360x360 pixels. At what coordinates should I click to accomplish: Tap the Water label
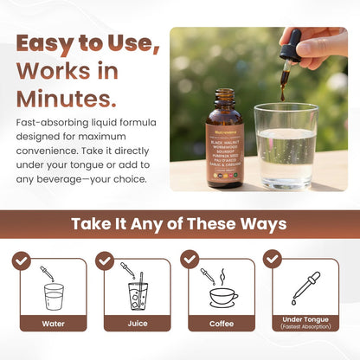(x=53, y=325)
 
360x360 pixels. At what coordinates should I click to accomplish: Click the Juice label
(x=137, y=325)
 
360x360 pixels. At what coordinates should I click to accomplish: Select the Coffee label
(x=222, y=325)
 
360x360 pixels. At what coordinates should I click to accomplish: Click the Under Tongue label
(x=305, y=320)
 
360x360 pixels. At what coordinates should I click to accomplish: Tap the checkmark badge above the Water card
(x=22, y=260)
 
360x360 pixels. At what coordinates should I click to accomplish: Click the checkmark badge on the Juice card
(x=106, y=260)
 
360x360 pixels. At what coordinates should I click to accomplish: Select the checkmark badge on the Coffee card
(x=190, y=260)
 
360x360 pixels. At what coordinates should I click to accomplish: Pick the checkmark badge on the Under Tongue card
(x=273, y=259)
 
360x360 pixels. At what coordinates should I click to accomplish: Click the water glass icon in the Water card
(x=53, y=295)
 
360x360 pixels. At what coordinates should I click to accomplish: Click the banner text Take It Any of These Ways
(x=179, y=224)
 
